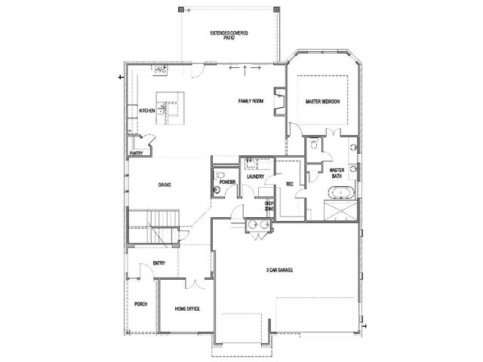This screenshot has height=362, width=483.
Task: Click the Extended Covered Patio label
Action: pyautogui.click(x=229, y=35)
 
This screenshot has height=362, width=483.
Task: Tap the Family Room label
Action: pyautogui.click(x=251, y=101)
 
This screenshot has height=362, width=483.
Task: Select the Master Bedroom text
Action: pyautogui.click(x=322, y=101)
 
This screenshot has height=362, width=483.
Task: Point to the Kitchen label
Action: pyautogui.click(x=147, y=111)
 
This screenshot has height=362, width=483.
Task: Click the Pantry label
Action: pyautogui.click(x=136, y=153)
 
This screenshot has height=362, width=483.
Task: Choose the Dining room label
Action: pyautogui.click(x=165, y=185)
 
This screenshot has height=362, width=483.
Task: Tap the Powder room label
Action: pyautogui.click(x=227, y=183)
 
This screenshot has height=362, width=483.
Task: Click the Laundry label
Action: pyautogui.click(x=255, y=176)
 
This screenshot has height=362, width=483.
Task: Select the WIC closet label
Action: pyautogui.click(x=290, y=184)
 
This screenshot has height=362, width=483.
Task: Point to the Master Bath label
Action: pyautogui.click(x=337, y=173)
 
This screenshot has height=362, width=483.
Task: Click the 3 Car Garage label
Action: pyautogui.click(x=279, y=270)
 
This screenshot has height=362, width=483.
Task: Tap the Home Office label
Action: pyautogui.click(x=187, y=308)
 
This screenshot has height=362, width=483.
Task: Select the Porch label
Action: pyautogui.click(x=141, y=304)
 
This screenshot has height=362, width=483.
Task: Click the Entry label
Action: pyautogui.click(x=159, y=263)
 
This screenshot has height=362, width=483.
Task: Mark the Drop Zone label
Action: pyautogui.click(x=269, y=206)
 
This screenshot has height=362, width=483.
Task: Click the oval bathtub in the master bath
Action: pyautogui.click(x=341, y=193)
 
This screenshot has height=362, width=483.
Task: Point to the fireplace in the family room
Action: pyautogui.click(x=280, y=102)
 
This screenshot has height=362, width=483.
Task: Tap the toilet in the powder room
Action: pyautogui.click(x=220, y=176)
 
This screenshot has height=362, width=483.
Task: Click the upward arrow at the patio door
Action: pyautogui.click(x=245, y=70)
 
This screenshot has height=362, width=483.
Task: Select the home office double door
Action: pyautogui.click(x=195, y=284)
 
